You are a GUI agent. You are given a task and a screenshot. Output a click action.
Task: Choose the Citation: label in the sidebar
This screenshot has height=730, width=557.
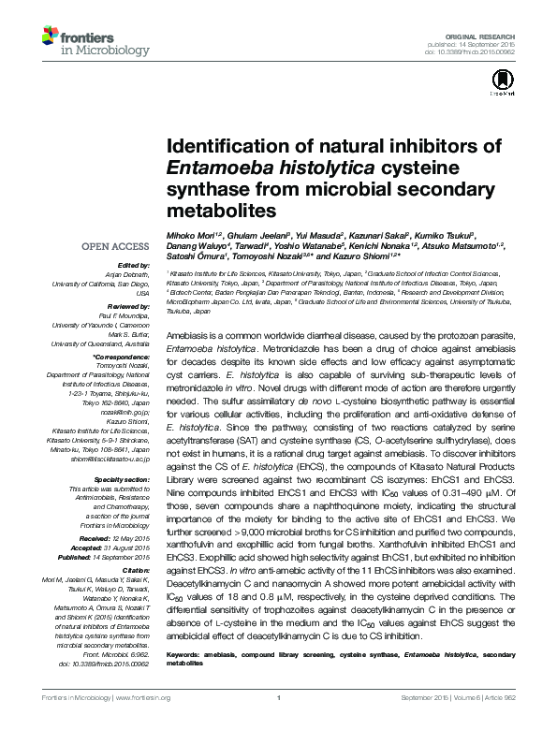coord(136,568)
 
